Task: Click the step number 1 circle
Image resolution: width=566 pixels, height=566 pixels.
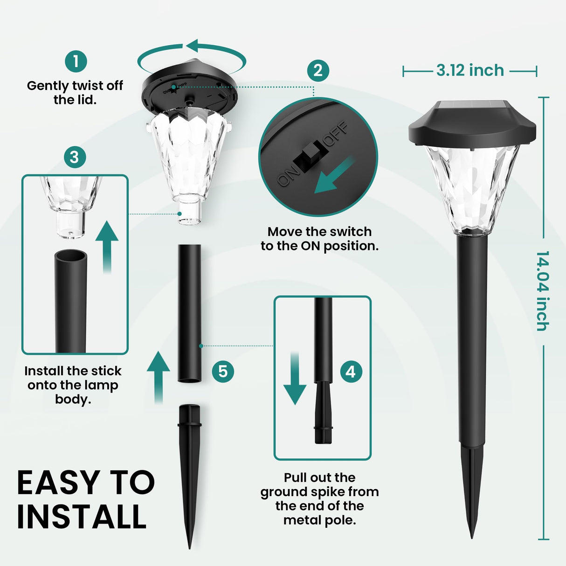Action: click(x=76, y=61)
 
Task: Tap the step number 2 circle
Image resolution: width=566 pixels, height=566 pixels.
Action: click(x=318, y=71)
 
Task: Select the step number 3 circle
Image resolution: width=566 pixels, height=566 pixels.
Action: click(x=75, y=157)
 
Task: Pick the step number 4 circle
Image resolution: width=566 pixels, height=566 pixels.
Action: click(x=351, y=372)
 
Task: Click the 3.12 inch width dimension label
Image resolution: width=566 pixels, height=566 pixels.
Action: click(x=470, y=70)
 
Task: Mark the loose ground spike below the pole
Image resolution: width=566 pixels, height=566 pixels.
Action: click(x=190, y=471)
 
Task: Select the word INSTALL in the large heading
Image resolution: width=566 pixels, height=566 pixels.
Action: click(x=82, y=517)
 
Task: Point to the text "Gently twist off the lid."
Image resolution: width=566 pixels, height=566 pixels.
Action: click(x=75, y=92)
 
